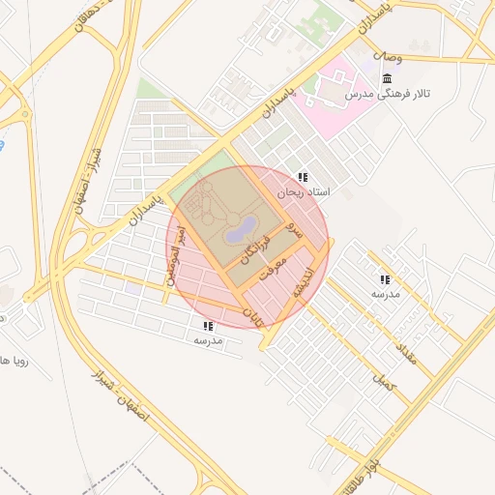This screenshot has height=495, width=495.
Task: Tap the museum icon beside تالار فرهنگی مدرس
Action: (388, 77)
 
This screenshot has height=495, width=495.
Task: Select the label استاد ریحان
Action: (304, 193)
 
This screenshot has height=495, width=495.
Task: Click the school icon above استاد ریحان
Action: (303, 178)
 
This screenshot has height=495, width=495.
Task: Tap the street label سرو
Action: (294, 233)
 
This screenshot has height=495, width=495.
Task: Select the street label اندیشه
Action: (306, 282)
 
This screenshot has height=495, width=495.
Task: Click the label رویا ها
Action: (16, 362)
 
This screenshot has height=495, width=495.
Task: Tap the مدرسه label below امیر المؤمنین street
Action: (208, 341)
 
